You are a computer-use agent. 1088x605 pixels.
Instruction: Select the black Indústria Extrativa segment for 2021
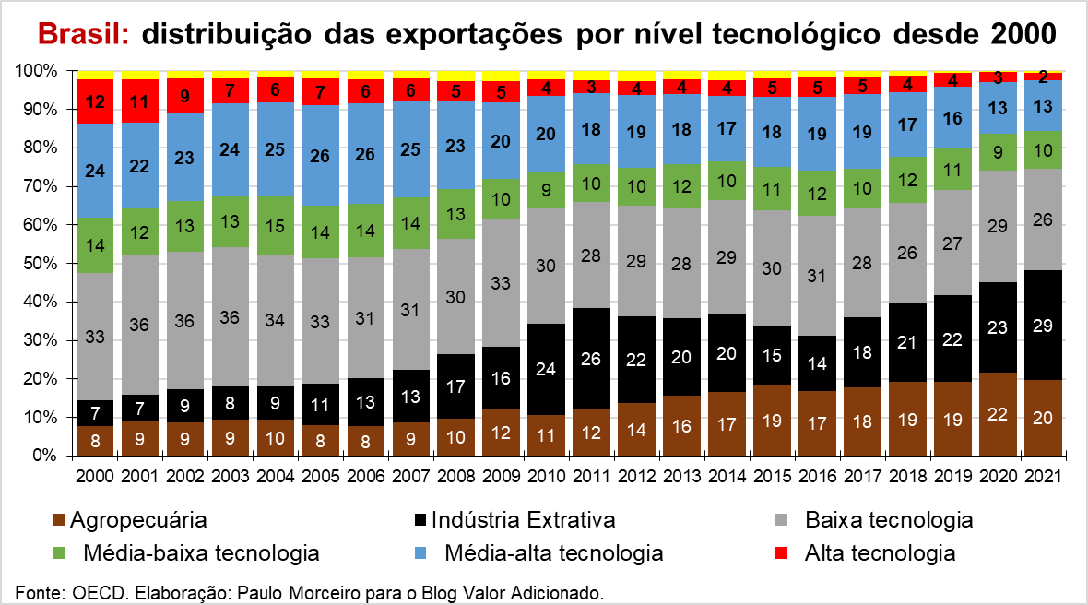point(1043,325)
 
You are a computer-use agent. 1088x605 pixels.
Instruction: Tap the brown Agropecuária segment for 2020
point(998,414)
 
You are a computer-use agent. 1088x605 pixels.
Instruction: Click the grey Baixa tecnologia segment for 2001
point(140,325)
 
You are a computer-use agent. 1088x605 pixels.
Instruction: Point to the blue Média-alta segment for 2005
point(321,156)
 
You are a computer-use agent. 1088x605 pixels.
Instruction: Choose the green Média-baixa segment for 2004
point(276,226)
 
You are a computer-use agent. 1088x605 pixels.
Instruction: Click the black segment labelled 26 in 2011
point(592,357)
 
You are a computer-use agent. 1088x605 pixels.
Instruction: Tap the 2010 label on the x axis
point(547,477)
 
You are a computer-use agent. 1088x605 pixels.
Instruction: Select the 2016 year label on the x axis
point(818,477)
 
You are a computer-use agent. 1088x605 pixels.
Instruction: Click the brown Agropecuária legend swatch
point(59,521)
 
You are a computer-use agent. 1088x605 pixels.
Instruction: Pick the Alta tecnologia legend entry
point(880,553)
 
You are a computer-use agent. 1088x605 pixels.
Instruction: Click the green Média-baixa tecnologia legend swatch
point(59,554)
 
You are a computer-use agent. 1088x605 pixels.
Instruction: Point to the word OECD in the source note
point(97,591)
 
